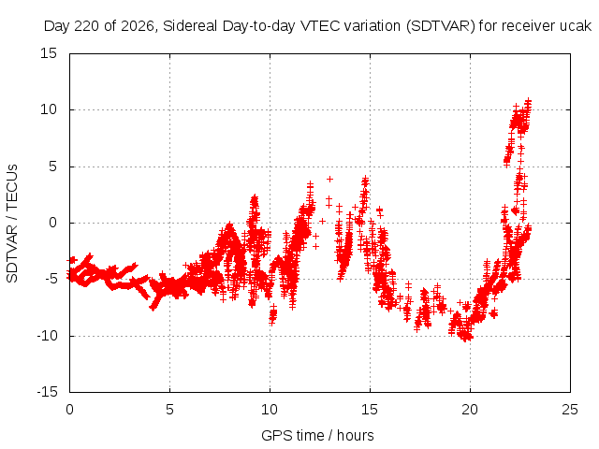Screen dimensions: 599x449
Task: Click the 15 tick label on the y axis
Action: (49, 53)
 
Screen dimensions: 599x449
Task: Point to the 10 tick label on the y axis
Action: (49, 110)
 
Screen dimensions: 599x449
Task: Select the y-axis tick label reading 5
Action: (52, 167)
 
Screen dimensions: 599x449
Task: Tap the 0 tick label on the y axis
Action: (52, 223)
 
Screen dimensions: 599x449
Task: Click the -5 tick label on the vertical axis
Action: (51, 279)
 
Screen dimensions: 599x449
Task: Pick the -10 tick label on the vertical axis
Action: (47, 336)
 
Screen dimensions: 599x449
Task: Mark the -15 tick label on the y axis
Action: (47, 392)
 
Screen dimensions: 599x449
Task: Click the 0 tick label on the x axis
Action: (69, 410)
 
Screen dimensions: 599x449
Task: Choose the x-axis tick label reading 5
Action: (169, 410)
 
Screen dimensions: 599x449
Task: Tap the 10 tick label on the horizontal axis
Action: (270, 410)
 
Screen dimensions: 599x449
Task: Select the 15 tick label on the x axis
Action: (370, 410)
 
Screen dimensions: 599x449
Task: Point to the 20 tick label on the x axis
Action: (470, 410)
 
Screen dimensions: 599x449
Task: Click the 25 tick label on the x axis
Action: (570, 410)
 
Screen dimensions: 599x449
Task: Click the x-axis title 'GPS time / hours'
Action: (317, 436)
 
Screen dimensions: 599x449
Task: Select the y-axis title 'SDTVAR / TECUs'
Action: (12, 224)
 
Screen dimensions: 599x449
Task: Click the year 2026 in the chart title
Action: (138, 26)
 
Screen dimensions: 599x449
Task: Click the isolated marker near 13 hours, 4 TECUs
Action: (329, 179)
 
